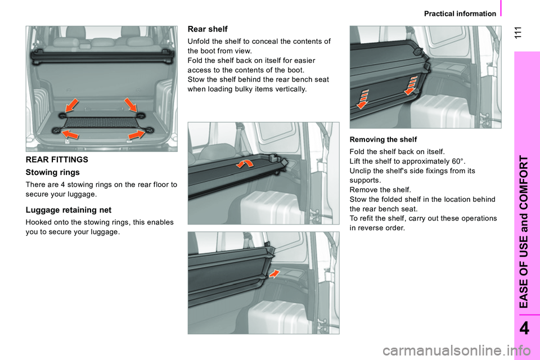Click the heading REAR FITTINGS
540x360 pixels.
click(x=57, y=160)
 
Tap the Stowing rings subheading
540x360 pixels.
click(x=53, y=172)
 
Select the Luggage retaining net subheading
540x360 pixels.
click(x=69, y=210)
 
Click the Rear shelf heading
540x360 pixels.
click(x=208, y=29)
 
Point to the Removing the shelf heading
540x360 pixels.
click(x=383, y=139)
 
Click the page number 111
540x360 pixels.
click(x=518, y=33)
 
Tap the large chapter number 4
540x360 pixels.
click(x=524, y=328)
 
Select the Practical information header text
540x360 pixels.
click(x=460, y=13)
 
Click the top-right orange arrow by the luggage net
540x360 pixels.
click(x=131, y=105)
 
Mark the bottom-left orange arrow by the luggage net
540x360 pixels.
click(x=70, y=134)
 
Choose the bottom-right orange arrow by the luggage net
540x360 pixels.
click(x=137, y=134)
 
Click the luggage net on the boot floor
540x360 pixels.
click(x=100, y=122)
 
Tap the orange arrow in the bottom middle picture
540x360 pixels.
click(x=274, y=273)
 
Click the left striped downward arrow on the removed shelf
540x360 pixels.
click(x=363, y=99)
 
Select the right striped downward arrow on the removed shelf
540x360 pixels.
click(x=411, y=85)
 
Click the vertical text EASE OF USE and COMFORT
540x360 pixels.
click(x=524, y=232)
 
